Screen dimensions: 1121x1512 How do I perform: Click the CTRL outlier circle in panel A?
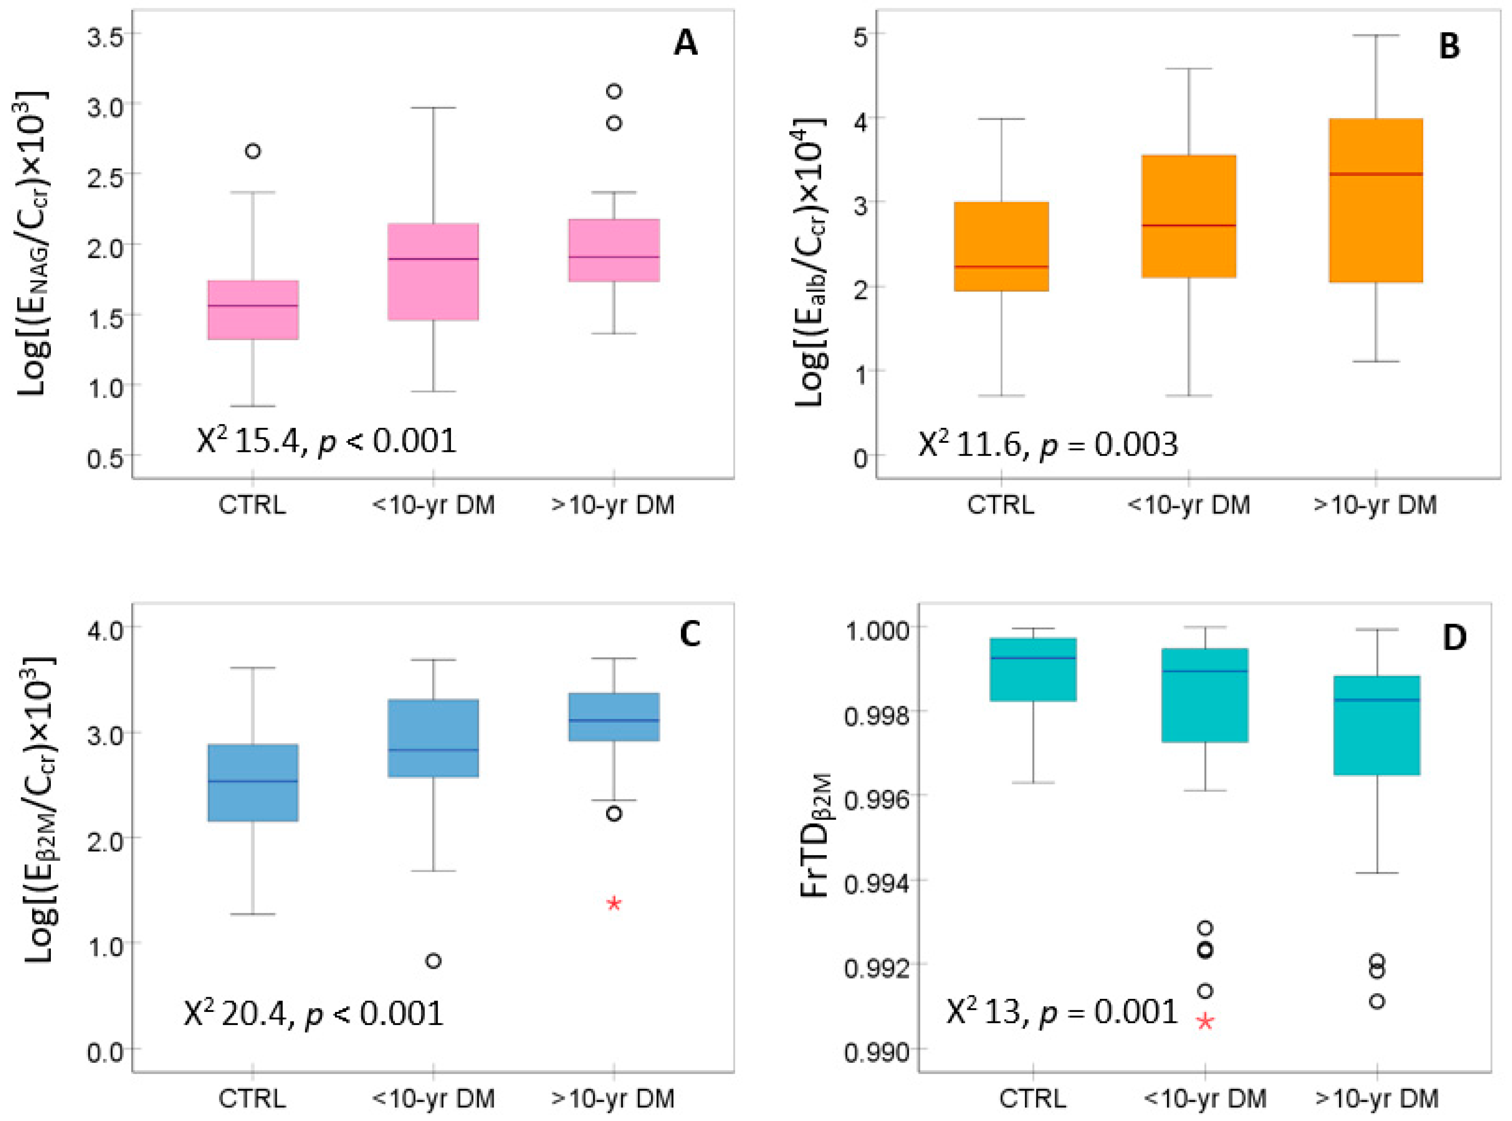[x=252, y=151]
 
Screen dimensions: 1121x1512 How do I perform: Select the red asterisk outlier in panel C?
[x=613, y=903]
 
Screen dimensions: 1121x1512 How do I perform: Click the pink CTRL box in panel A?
[x=252, y=309]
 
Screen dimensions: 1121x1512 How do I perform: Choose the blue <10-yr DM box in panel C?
[x=433, y=738]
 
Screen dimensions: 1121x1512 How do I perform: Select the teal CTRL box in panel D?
[x=1033, y=669]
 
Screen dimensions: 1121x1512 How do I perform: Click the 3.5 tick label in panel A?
[x=105, y=35]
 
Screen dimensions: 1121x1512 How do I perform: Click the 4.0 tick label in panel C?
[x=105, y=628]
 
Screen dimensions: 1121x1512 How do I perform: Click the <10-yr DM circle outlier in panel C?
[x=433, y=961]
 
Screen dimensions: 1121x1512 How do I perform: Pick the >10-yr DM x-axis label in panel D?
[x=1376, y=1098]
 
